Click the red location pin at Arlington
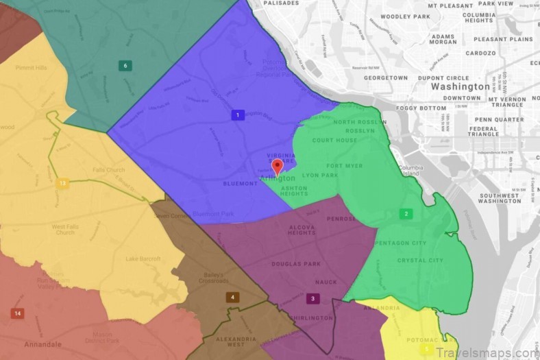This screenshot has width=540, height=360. [277, 167]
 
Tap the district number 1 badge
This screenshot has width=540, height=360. [237, 115]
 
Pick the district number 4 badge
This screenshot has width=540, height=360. [232, 297]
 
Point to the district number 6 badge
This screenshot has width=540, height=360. [124, 66]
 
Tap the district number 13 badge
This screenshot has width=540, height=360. [62, 183]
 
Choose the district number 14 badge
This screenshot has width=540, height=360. [17, 313]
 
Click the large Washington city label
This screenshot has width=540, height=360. [461, 87]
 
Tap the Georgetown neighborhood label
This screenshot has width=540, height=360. [385, 78]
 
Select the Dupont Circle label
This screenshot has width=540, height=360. [443, 78]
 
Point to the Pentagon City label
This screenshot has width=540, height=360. [401, 243]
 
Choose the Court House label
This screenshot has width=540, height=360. [335, 141]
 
